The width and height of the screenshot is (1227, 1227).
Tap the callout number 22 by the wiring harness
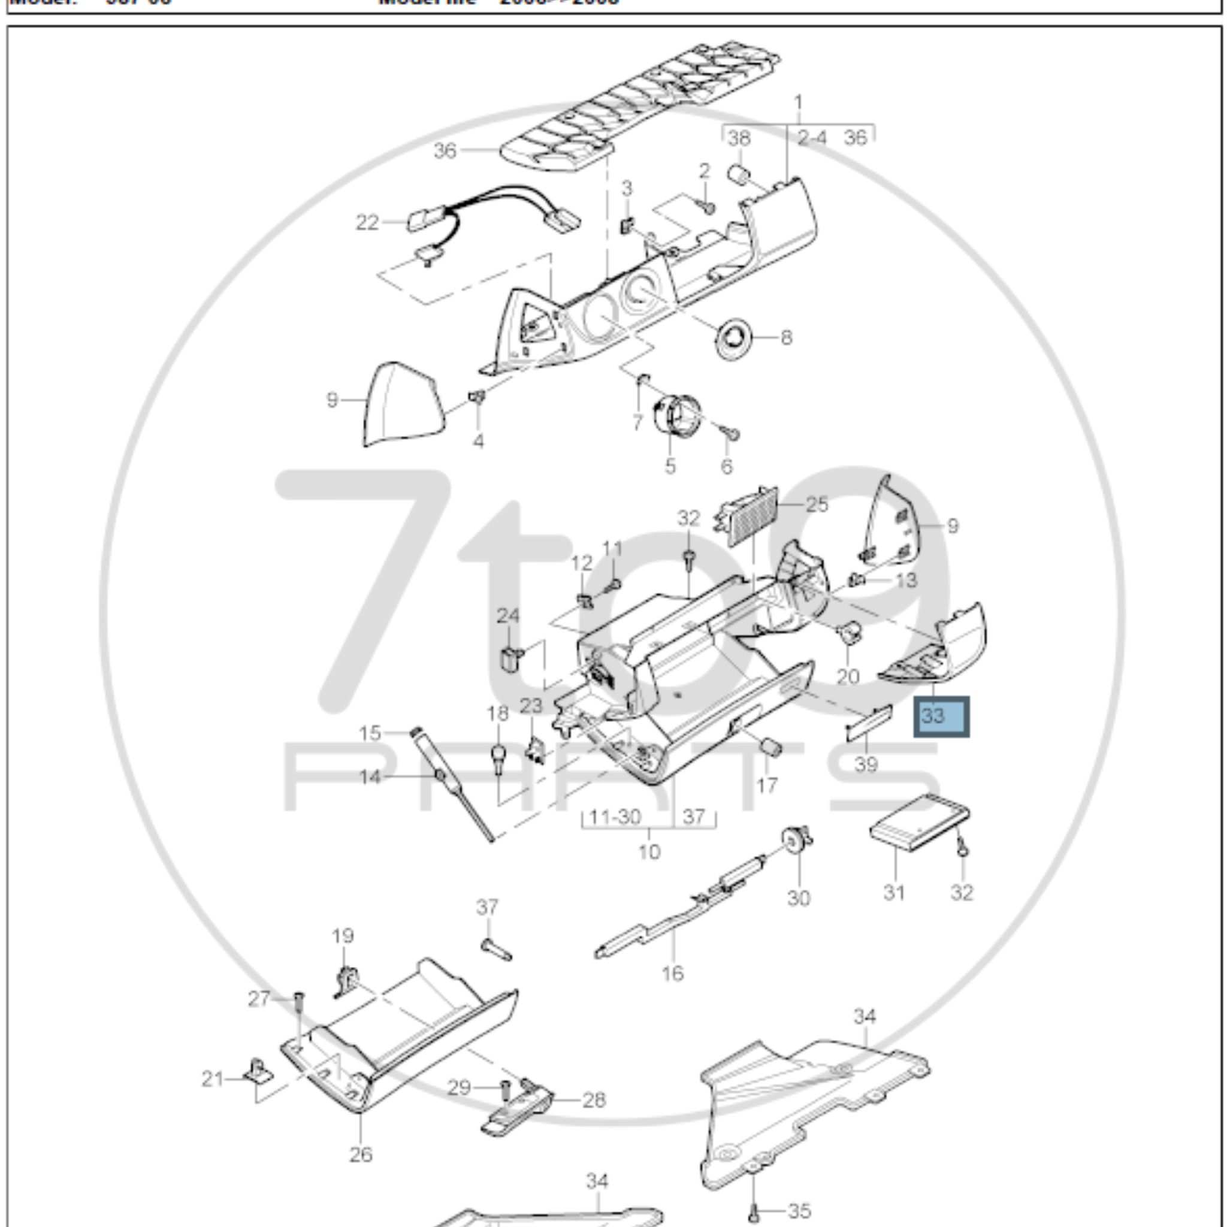tap(367, 223)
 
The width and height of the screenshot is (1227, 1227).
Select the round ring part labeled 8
tap(733, 336)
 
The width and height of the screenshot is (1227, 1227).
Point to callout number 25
tap(817, 505)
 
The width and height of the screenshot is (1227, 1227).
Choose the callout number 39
tap(866, 764)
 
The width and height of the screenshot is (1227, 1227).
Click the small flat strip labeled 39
tap(870, 723)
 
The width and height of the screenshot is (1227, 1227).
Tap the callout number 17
tap(767, 785)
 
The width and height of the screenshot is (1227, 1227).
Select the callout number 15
tap(370, 733)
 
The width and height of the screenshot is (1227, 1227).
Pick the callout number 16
tap(673, 973)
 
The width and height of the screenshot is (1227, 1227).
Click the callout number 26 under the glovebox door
tap(361, 1154)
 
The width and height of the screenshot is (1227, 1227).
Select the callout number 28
tap(594, 1099)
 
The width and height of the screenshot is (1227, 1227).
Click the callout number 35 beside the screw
tap(800, 1211)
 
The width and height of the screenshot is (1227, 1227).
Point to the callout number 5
tap(670, 466)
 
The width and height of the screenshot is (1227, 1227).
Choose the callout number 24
tap(507, 615)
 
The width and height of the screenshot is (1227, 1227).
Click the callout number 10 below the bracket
tap(649, 851)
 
